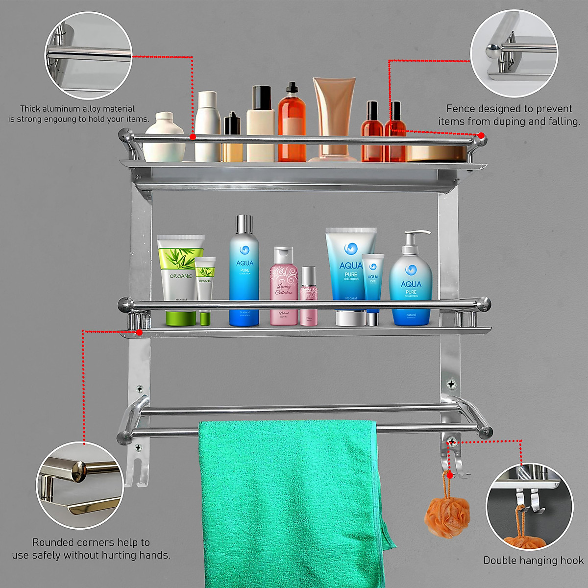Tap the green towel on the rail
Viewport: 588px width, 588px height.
point(289,500)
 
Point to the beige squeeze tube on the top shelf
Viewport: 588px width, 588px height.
point(334,113)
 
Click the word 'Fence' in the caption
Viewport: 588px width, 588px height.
point(460,109)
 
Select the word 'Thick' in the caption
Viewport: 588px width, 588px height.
point(30,109)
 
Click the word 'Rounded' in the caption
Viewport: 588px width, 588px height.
point(54,542)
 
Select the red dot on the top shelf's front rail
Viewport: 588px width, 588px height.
point(193,137)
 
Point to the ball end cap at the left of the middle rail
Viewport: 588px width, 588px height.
point(125,305)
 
